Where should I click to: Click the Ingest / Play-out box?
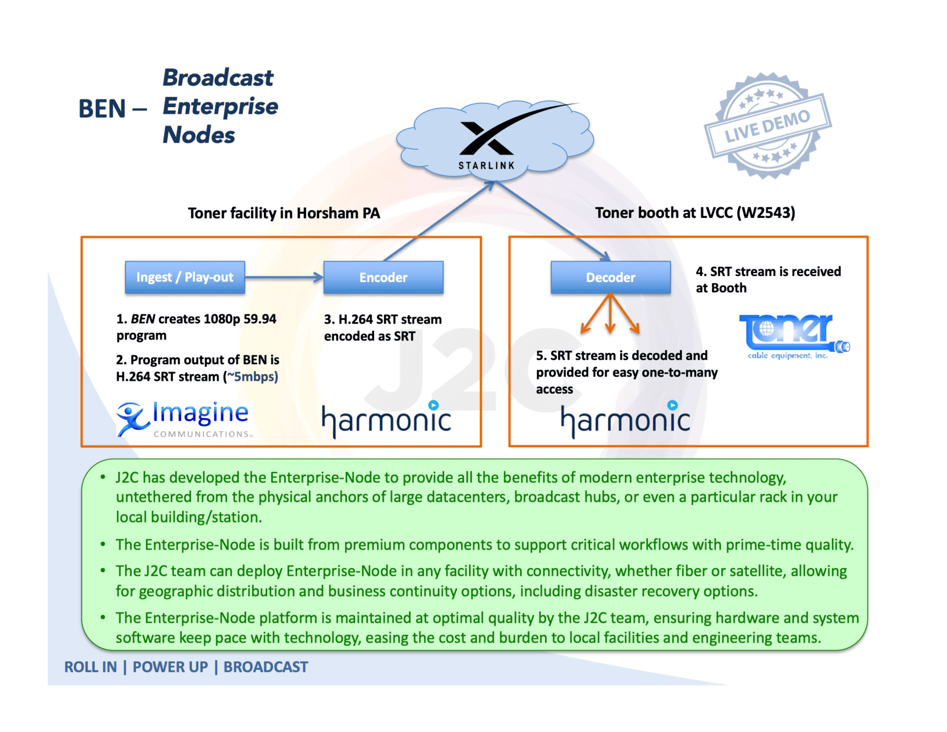pyautogui.click(x=185, y=277)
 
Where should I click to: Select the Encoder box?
pyautogui.click(x=383, y=277)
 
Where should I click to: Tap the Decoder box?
pyautogui.click(x=610, y=277)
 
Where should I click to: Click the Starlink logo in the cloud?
pyautogui.click(x=487, y=140)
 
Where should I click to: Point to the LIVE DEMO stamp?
pyautogui.click(x=768, y=126)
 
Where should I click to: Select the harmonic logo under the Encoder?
pyautogui.click(x=386, y=420)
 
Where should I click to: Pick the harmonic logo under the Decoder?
pyautogui.click(x=625, y=420)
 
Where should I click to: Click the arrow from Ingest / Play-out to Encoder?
pyautogui.click(x=284, y=277)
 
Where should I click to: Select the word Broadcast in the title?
pyautogui.click(x=218, y=78)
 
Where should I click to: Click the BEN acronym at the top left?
pyautogui.click(x=102, y=109)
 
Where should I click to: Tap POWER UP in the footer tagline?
pyautogui.click(x=170, y=667)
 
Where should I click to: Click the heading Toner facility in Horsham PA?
pyautogui.click(x=284, y=213)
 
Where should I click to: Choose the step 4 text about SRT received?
pyautogui.click(x=768, y=280)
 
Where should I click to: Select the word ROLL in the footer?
pyautogui.click(x=82, y=667)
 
